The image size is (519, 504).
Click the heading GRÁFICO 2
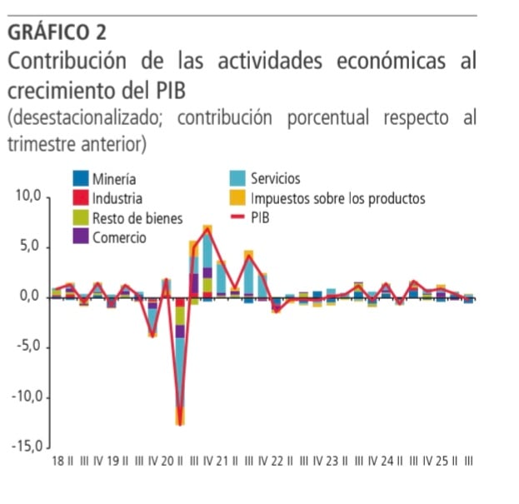click(57, 32)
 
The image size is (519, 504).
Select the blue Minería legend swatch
click(81, 178)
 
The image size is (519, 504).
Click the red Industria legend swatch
click(81, 198)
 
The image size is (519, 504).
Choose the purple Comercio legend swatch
click(81, 237)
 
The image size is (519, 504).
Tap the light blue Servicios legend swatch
click(238, 178)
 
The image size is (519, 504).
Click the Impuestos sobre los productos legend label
click(337, 198)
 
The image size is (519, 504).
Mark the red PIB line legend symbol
click(238, 218)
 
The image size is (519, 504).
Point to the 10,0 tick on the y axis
click(27, 197)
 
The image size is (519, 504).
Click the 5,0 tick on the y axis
click(31, 247)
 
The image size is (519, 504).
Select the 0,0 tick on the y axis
click(31, 297)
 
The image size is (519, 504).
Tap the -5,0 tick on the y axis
click(29, 347)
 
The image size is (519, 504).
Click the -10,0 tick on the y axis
click(26, 397)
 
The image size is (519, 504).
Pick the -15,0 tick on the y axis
click(26, 447)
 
